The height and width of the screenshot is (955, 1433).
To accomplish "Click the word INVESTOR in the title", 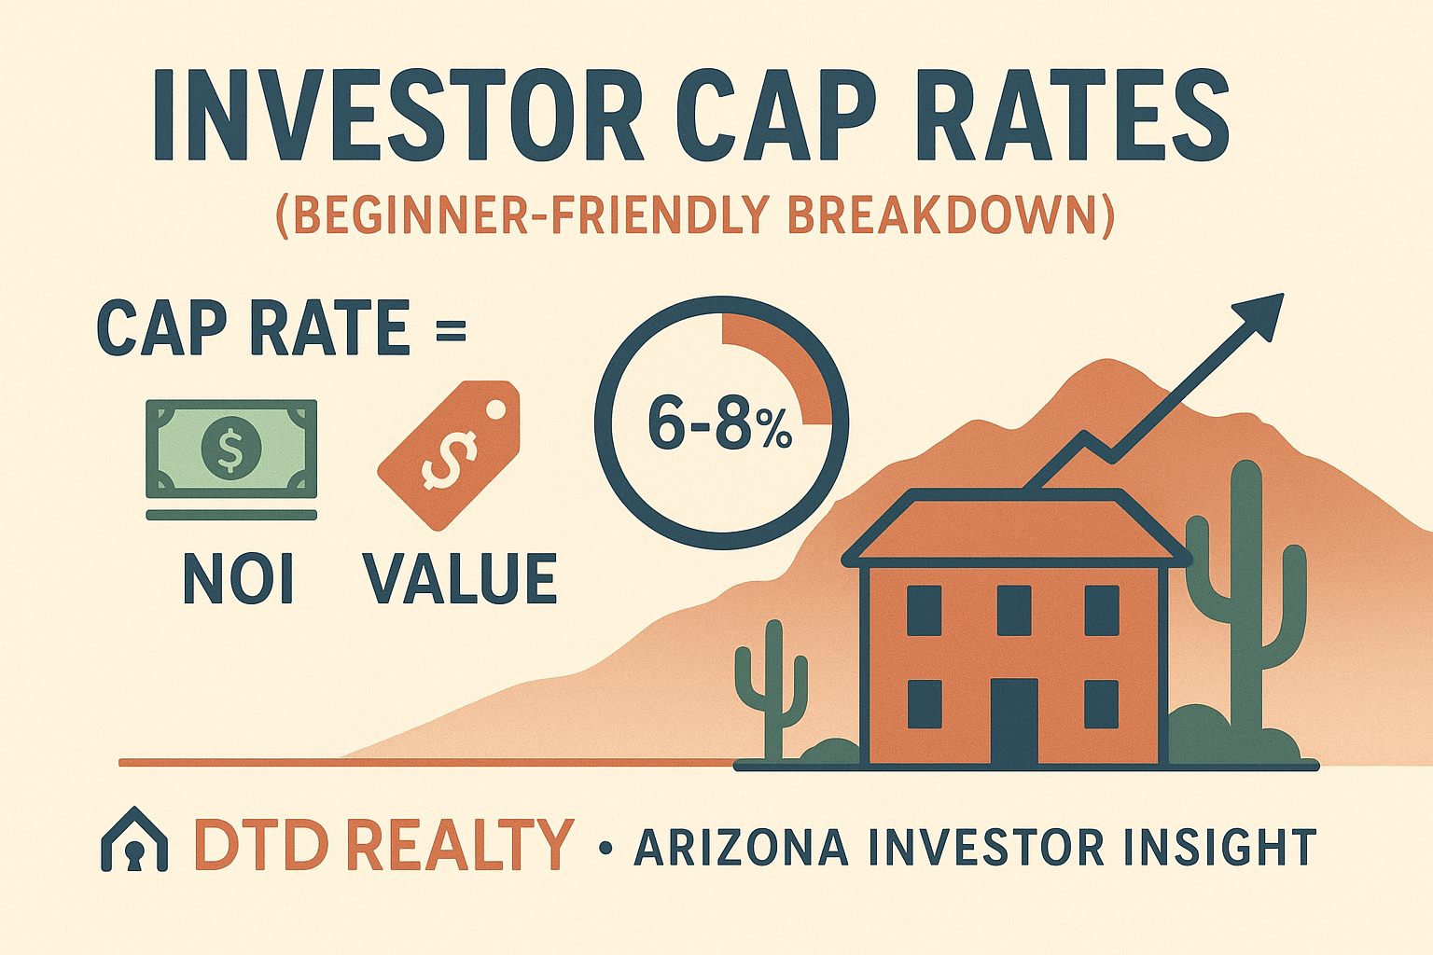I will coord(397,119).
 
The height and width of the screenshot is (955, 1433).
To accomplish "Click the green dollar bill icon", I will coord(230,449).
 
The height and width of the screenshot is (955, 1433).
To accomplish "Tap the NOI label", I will coord(238,579).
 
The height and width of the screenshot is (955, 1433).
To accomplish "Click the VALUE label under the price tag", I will coord(460,579).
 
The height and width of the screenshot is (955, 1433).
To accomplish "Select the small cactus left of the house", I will coord(772,690).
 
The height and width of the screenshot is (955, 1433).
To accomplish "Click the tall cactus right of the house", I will coord(1245,597).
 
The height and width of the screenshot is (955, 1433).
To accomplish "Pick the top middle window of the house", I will coord(1013,610).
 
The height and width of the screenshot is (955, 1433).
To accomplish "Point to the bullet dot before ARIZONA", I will coord(606,848).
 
